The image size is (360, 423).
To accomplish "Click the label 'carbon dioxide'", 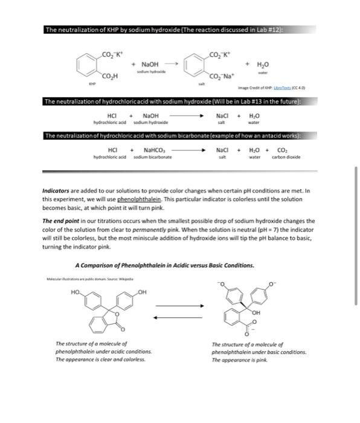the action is [x=286, y=157].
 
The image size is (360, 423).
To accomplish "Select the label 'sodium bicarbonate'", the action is [x=153, y=157].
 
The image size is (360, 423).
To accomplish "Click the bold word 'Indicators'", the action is [x=59, y=190].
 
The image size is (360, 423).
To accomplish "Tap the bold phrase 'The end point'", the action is [x=62, y=221].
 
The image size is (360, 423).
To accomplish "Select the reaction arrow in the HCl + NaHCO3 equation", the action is [x=193, y=150].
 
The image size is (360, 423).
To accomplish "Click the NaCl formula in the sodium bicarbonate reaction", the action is [x=222, y=150].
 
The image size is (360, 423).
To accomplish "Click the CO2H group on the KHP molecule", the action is [x=111, y=76].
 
